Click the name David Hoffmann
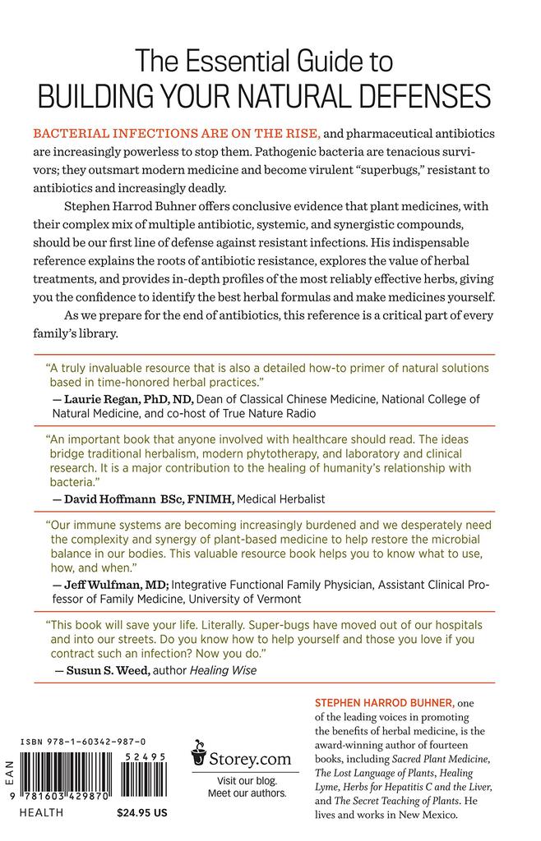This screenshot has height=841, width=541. [x=104, y=499]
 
